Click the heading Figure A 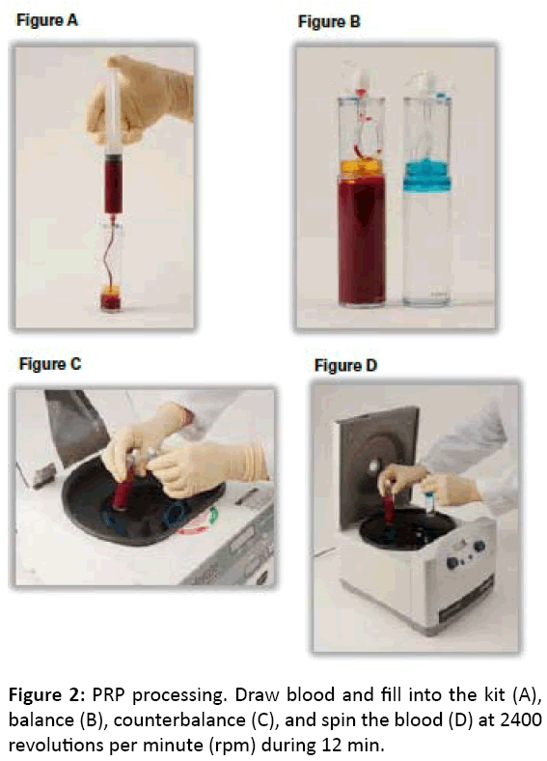click(x=47, y=20)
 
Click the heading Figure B click(x=329, y=21)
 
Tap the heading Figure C click(x=50, y=363)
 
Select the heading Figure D click(x=345, y=365)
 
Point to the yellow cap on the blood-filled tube click(x=361, y=167)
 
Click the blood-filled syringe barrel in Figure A click(x=114, y=184)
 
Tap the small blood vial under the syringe click(x=111, y=297)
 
